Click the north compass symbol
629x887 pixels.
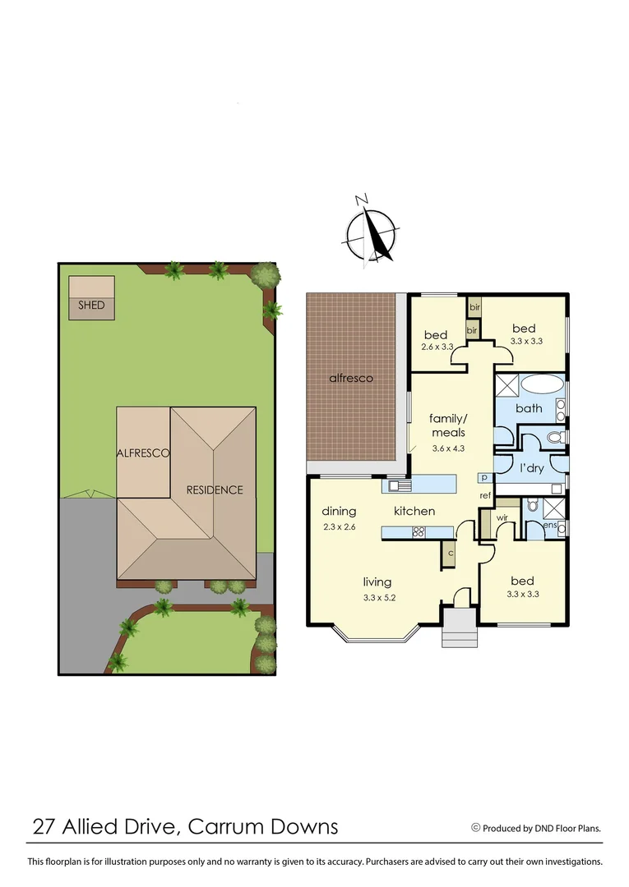371,232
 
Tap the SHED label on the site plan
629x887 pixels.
91,306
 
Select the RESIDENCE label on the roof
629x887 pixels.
215,490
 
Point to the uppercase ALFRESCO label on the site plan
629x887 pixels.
143,453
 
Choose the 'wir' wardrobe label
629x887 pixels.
502,517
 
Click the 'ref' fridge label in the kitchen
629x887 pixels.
485,496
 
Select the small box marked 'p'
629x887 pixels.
484,478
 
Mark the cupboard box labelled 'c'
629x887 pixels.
451,554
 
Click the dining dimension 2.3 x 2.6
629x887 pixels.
338,526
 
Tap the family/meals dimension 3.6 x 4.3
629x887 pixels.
448,448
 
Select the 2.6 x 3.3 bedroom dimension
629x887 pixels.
436,347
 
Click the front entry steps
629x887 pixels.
459,632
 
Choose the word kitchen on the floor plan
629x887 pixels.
414,511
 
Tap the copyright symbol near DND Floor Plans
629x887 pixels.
475,828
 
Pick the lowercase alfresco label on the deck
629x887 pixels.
351,379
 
